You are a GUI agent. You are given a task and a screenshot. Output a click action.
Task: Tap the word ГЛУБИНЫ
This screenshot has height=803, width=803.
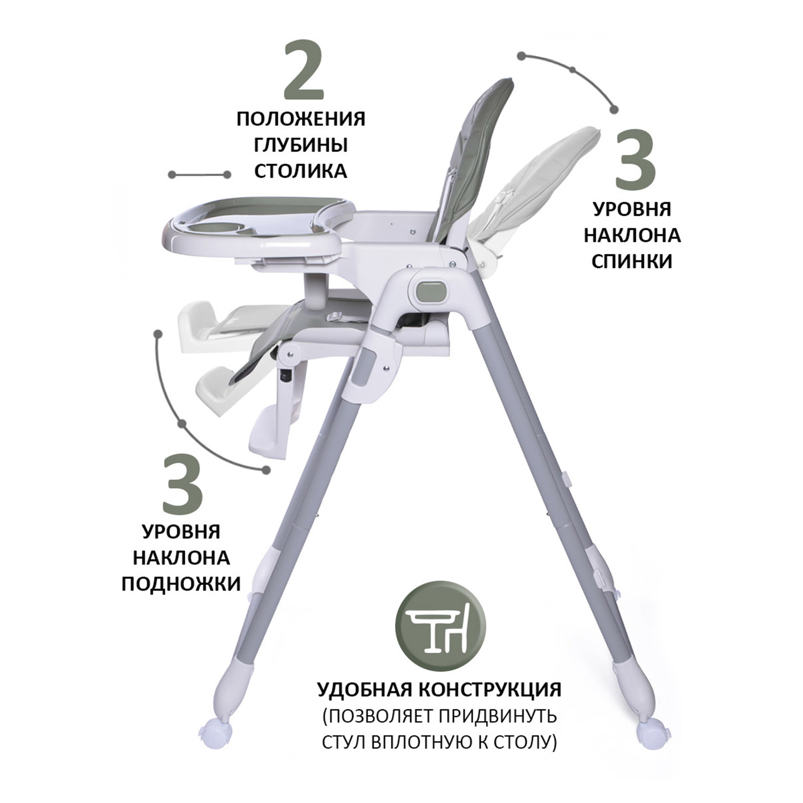point(300,145)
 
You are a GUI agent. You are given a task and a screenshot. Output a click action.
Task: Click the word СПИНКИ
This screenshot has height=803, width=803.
point(632,261)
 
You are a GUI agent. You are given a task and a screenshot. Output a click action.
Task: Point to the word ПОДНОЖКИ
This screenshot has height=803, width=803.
point(181,584)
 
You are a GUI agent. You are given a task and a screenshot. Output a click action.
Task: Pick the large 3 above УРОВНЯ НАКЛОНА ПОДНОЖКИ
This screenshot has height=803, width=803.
point(183,482)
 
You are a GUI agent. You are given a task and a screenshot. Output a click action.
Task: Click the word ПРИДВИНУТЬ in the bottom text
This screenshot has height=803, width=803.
point(495,716)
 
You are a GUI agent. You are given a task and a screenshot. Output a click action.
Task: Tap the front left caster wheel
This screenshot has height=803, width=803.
point(216,732)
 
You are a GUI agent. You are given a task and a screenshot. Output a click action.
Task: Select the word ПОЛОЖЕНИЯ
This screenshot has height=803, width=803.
point(301,119)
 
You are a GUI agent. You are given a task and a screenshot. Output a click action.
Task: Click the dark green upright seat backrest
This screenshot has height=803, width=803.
point(471,161)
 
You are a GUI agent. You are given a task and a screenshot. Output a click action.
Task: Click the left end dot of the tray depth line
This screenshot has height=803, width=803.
point(172,175)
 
